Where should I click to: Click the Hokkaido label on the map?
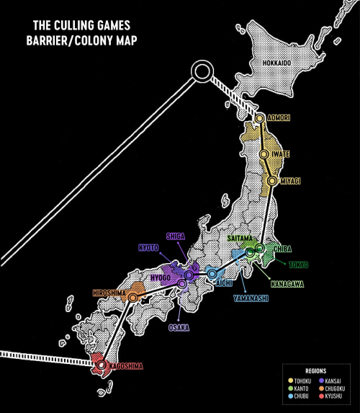click(x=277, y=63)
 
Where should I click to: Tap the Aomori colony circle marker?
click(x=260, y=118)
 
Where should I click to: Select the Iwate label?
click(x=281, y=154)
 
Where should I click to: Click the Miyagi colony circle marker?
click(x=272, y=181)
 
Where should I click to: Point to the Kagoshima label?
click(x=126, y=366)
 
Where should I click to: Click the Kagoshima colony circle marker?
click(x=101, y=365)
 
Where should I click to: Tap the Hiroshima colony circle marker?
click(x=133, y=298)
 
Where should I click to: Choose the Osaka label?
click(x=179, y=328)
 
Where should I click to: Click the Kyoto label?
click(x=149, y=248)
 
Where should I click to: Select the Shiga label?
click(x=176, y=236)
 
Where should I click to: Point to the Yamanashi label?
click(x=251, y=298)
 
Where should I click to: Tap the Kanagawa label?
click(x=287, y=284)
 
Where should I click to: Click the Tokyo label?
click(x=298, y=265)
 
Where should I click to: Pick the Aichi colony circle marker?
click(x=212, y=274)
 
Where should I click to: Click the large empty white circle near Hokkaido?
click(x=202, y=71)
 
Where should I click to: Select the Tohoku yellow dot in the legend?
click(x=291, y=381)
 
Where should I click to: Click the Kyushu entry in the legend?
click(x=330, y=396)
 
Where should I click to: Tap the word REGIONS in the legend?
click(x=316, y=371)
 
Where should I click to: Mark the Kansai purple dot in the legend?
click(x=321, y=381)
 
